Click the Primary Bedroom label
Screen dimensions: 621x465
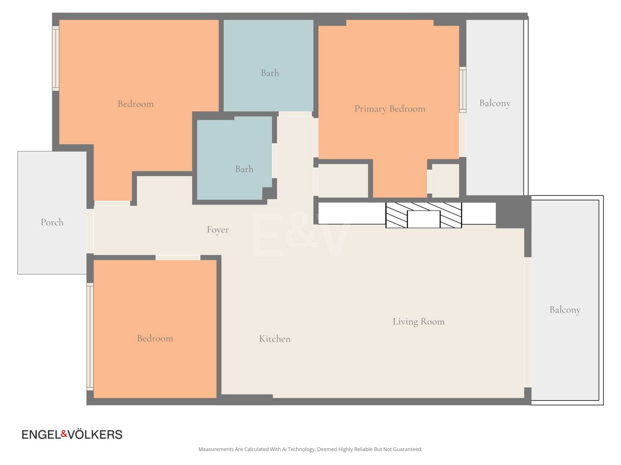coord(389,108)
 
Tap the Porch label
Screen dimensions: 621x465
coord(52,222)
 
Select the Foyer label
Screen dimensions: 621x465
coord(217,229)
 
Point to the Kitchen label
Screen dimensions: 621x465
coord(275,338)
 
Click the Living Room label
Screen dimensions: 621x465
coord(418,322)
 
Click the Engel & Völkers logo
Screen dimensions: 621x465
coord(72,434)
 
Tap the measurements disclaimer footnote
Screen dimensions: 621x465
coord(310,449)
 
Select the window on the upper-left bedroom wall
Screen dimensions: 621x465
coord(56,59)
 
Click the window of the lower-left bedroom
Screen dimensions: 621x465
coord(90,337)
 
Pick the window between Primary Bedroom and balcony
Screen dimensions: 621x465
coord(463,90)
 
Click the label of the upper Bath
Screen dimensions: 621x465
coord(270,73)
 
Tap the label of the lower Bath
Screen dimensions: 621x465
coord(244,169)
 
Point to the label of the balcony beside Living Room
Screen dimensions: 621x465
coord(565,310)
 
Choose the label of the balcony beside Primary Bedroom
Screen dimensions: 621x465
coord(495,103)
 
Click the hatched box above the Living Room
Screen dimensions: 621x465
coord(423,215)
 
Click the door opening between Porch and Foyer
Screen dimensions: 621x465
coord(90,231)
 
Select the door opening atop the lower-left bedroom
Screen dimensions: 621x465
coord(178,257)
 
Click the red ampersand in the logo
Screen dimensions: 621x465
coord(64,434)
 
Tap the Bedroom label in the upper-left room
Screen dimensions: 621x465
coord(135,104)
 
